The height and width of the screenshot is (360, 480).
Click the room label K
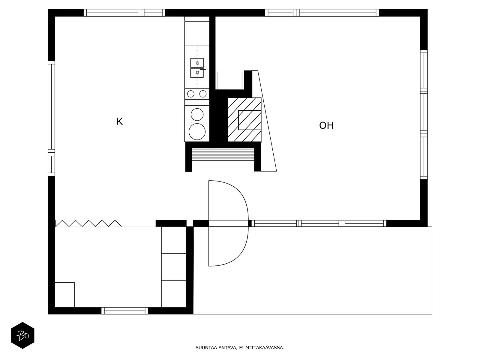tap(119, 121)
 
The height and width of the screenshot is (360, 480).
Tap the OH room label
tap(326, 125)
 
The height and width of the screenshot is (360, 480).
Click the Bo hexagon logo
tap(22, 335)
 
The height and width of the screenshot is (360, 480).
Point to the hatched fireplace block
tap(244, 120)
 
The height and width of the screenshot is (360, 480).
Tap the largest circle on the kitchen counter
tap(197, 132)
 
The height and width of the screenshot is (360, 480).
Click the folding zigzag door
tap(88, 223)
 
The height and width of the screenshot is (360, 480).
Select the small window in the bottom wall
tap(124, 310)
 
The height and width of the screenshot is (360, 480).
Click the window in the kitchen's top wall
tap(124, 13)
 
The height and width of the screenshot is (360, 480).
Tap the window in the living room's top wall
tap(322, 13)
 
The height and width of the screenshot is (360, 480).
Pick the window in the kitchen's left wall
tap(51, 118)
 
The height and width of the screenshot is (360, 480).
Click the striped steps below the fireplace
tap(223, 154)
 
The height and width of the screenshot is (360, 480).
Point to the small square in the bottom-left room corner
tap(65, 295)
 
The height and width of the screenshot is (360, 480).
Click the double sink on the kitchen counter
tap(197, 68)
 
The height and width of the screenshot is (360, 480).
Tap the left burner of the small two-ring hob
tap(191, 94)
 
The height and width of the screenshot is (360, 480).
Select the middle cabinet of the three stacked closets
tap(174, 267)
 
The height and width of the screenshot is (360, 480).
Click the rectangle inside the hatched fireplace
tap(250, 120)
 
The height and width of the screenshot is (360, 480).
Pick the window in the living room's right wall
tap(424, 115)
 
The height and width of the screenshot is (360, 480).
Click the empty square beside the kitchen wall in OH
tap(229, 81)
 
